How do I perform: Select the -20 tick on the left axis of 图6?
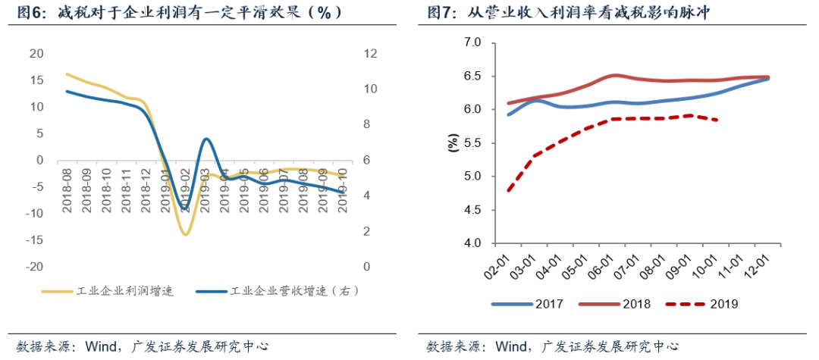35,268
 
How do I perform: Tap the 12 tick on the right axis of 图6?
370,54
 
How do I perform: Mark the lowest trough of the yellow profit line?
185,234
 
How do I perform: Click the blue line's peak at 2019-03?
206,139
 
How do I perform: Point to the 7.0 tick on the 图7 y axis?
472,43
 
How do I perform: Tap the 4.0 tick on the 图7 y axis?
472,243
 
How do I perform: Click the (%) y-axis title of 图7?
453,143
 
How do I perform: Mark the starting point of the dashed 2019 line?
508,190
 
